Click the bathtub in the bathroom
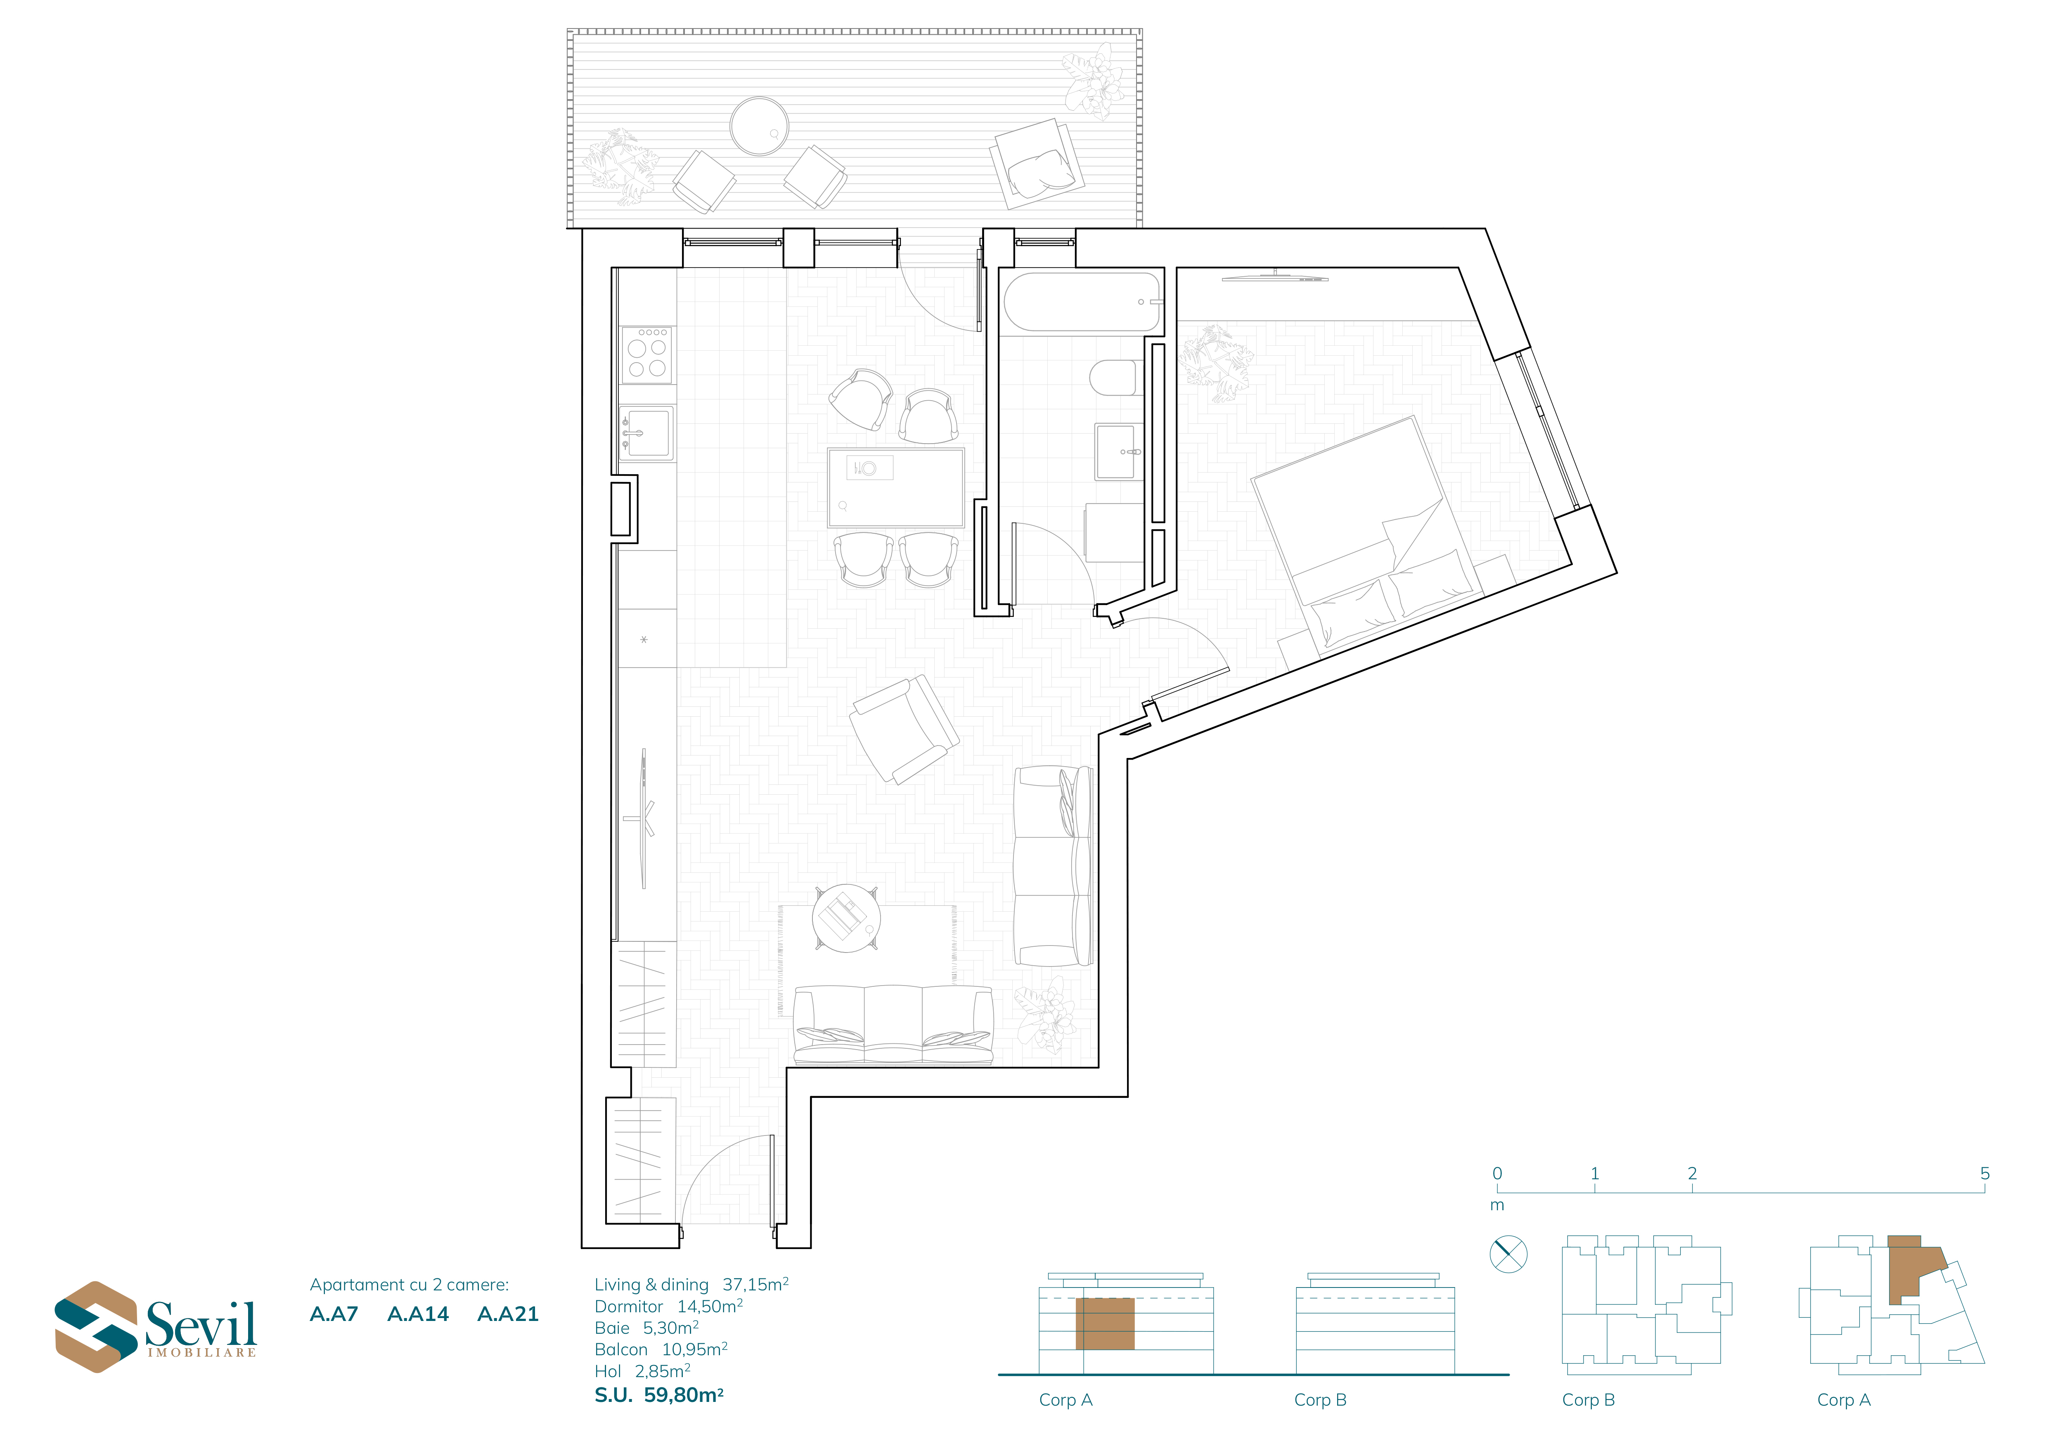point(1081,302)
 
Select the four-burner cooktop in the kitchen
point(648,355)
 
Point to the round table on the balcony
point(759,127)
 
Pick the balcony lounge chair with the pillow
point(1037,164)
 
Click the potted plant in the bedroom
point(1215,362)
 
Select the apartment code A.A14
point(418,1314)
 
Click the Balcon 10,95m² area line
point(661,1349)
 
